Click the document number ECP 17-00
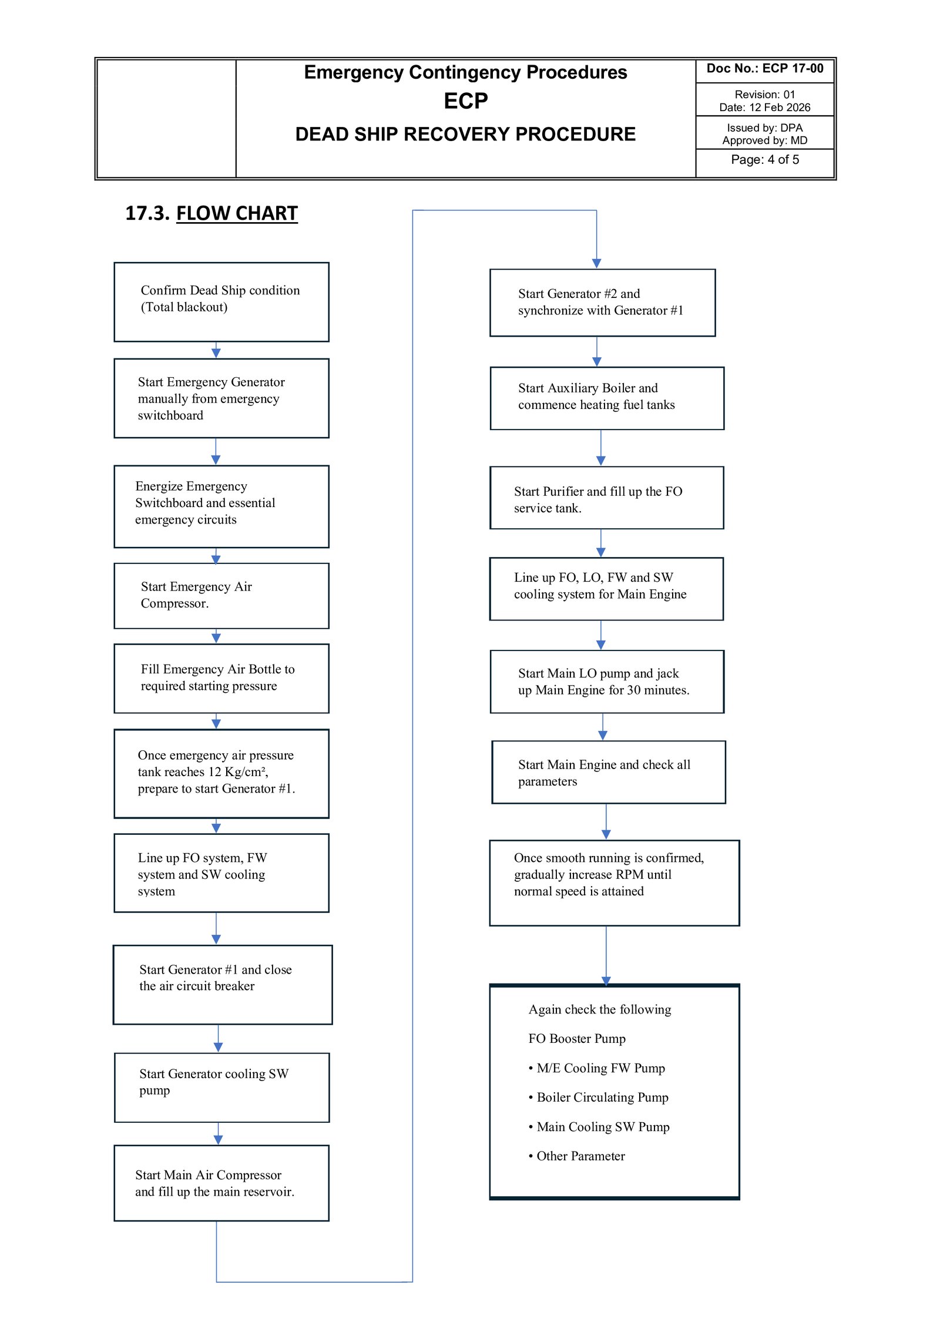[793, 68]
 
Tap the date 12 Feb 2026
[780, 108]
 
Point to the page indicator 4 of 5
[783, 160]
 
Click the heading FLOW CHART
[237, 213]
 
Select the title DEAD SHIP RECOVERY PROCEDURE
[465, 134]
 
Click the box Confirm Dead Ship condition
[221, 302]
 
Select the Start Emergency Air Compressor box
[221, 596]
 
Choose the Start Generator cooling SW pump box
[221, 1088]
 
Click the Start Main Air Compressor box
[221, 1183]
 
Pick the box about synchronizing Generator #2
[602, 303]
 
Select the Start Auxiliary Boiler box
[607, 398]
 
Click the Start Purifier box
[607, 498]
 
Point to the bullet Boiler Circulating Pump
[599, 1097]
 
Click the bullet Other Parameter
[577, 1156]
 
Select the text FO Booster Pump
[577, 1038]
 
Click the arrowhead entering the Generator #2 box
[596, 263]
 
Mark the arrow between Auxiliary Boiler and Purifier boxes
[600, 448]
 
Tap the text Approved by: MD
[765, 140]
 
